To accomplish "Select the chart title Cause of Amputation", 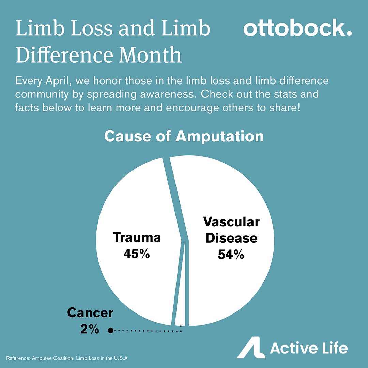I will pos(184,136).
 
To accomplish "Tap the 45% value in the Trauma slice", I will pos(137,254).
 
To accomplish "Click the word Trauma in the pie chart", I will pos(137,237).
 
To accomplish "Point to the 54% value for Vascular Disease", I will pos(231,255).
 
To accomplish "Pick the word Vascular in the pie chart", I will pos(231,222).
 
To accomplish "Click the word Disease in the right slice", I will pos(231,238).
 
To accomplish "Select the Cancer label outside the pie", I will pos(90,312).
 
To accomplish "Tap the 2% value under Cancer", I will pos(90,329).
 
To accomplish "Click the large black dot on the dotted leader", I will pos(110,330).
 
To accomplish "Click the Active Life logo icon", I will pos(251,348).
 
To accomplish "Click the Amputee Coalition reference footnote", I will pos(68,358).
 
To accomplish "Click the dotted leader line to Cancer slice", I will pos(147,330).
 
